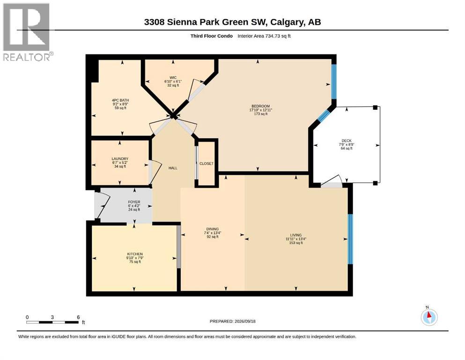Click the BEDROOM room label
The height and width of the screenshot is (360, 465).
(261, 106)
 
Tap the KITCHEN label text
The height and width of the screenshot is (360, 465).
(135, 254)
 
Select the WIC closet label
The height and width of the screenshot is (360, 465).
(173, 78)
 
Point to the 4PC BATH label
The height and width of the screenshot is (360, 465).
(120, 100)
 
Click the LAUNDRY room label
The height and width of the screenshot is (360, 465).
(120, 159)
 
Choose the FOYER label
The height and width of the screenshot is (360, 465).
(134, 202)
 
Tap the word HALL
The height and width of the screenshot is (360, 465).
(173, 168)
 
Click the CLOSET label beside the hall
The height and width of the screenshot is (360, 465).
(207, 164)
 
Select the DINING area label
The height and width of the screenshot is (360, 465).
(213, 229)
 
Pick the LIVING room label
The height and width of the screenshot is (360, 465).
(296, 235)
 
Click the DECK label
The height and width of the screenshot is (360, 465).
(347, 141)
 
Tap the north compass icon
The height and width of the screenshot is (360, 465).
(429, 316)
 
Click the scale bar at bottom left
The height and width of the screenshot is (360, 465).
(52, 322)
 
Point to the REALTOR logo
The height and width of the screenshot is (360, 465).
(27, 32)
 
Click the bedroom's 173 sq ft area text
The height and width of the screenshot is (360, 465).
(261, 113)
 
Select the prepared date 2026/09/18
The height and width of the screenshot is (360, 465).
(245, 321)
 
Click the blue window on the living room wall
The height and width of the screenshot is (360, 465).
(350, 239)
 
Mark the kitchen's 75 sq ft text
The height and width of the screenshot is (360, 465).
(135, 262)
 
